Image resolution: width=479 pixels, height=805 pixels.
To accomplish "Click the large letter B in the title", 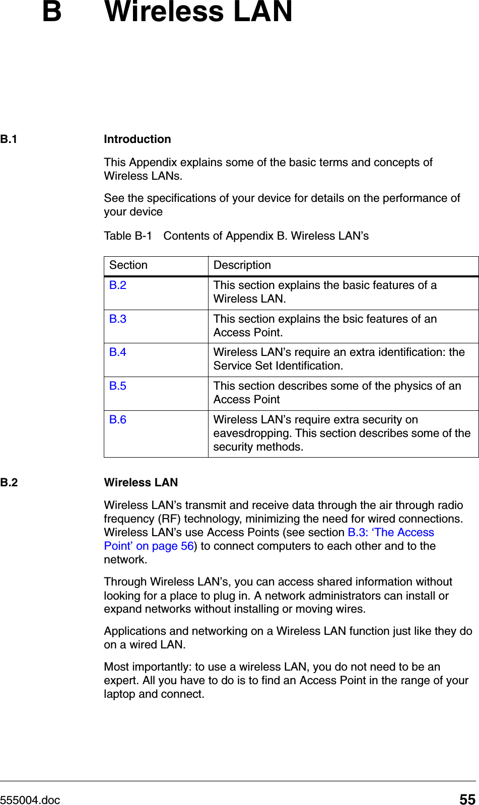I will click(52, 12).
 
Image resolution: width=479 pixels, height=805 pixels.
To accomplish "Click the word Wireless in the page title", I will click(164, 12).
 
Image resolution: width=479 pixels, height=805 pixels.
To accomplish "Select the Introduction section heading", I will click(137, 139).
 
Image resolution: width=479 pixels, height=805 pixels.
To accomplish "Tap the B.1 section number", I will click(9, 139).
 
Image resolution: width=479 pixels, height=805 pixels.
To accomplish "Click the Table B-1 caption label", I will click(127, 236).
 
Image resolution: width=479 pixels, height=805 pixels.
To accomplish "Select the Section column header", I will click(128, 265).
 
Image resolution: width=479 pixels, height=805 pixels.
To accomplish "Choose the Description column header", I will click(242, 265).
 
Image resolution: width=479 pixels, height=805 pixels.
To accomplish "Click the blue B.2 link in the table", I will click(117, 285).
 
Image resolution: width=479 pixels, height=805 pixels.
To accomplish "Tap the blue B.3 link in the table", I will click(117, 319).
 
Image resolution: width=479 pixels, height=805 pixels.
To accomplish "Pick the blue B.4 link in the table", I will click(117, 352).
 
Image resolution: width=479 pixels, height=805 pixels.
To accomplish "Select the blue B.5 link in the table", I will click(117, 386).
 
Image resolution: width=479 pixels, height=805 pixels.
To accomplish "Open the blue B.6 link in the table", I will click(117, 420).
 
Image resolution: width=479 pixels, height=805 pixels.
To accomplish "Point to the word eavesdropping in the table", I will click(252, 433).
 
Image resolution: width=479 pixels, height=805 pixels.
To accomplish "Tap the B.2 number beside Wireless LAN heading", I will click(9, 483).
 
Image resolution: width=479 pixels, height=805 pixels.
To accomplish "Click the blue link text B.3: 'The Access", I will click(391, 533).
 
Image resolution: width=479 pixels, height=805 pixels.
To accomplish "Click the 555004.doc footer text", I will click(30, 800).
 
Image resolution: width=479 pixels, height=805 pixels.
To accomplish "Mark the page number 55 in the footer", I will click(467, 799).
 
